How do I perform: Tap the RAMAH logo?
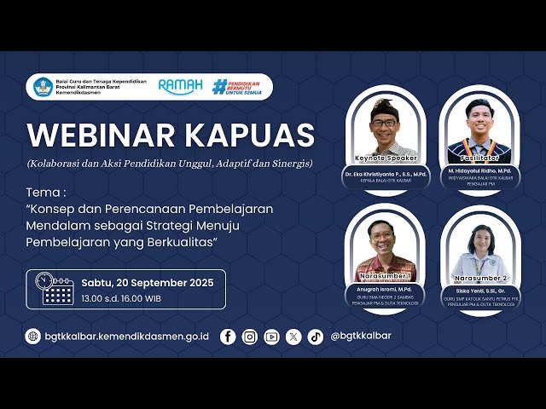[181, 87]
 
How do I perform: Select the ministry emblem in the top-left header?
[42, 87]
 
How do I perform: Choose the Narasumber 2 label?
[481, 278]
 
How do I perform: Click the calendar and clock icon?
[55, 289]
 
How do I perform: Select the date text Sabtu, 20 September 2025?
[147, 282]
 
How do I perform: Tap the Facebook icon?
[228, 336]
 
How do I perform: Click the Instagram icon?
[249, 336]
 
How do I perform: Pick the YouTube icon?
[271, 336]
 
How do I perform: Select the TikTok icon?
[316, 336]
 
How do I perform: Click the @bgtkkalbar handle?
[361, 336]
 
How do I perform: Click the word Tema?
[44, 192]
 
